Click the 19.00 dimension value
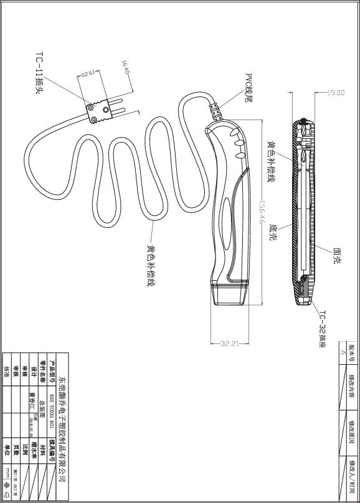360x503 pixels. [336, 93]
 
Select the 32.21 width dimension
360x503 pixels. [230, 344]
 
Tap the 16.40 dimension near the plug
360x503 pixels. [125, 67]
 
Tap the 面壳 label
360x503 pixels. [336, 255]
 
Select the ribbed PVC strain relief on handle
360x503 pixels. [219, 112]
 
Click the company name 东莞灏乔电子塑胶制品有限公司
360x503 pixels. [62, 427]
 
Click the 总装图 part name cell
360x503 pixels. [42, 405]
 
